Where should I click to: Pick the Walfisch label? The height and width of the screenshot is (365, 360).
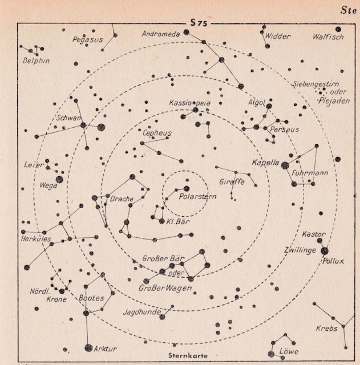[x=329, y=37]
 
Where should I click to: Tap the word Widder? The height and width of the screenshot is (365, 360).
[x=278, y=36]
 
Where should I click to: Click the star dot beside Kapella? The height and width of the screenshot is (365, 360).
[x=285, y=165]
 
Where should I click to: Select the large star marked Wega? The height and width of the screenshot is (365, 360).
[x=59, y=179]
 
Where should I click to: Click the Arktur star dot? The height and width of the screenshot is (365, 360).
[x=88, y=347]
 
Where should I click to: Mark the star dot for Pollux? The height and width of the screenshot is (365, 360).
[x=325, y=250]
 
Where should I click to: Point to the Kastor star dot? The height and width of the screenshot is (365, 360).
[x=319, y=240]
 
